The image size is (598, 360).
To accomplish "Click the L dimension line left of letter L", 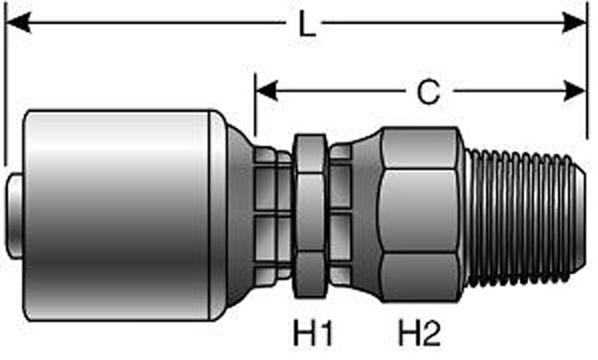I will (149, 22).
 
